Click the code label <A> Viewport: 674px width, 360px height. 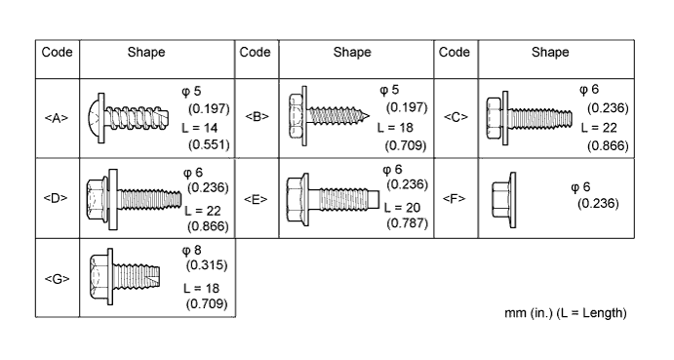pos(57,118)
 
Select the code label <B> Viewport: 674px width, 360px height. pos(257,116)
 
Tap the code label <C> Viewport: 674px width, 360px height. pos(456,117)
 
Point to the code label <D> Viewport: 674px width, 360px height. pos(56,198)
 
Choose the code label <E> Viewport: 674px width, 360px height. pos(256,199)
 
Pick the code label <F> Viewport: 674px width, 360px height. pos(455,198)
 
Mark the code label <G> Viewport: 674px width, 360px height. pos(57,279)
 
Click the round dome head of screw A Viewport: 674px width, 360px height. pos(94,118)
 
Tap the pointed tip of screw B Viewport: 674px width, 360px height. pos(368,116)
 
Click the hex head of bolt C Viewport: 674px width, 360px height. pos(495,118)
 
